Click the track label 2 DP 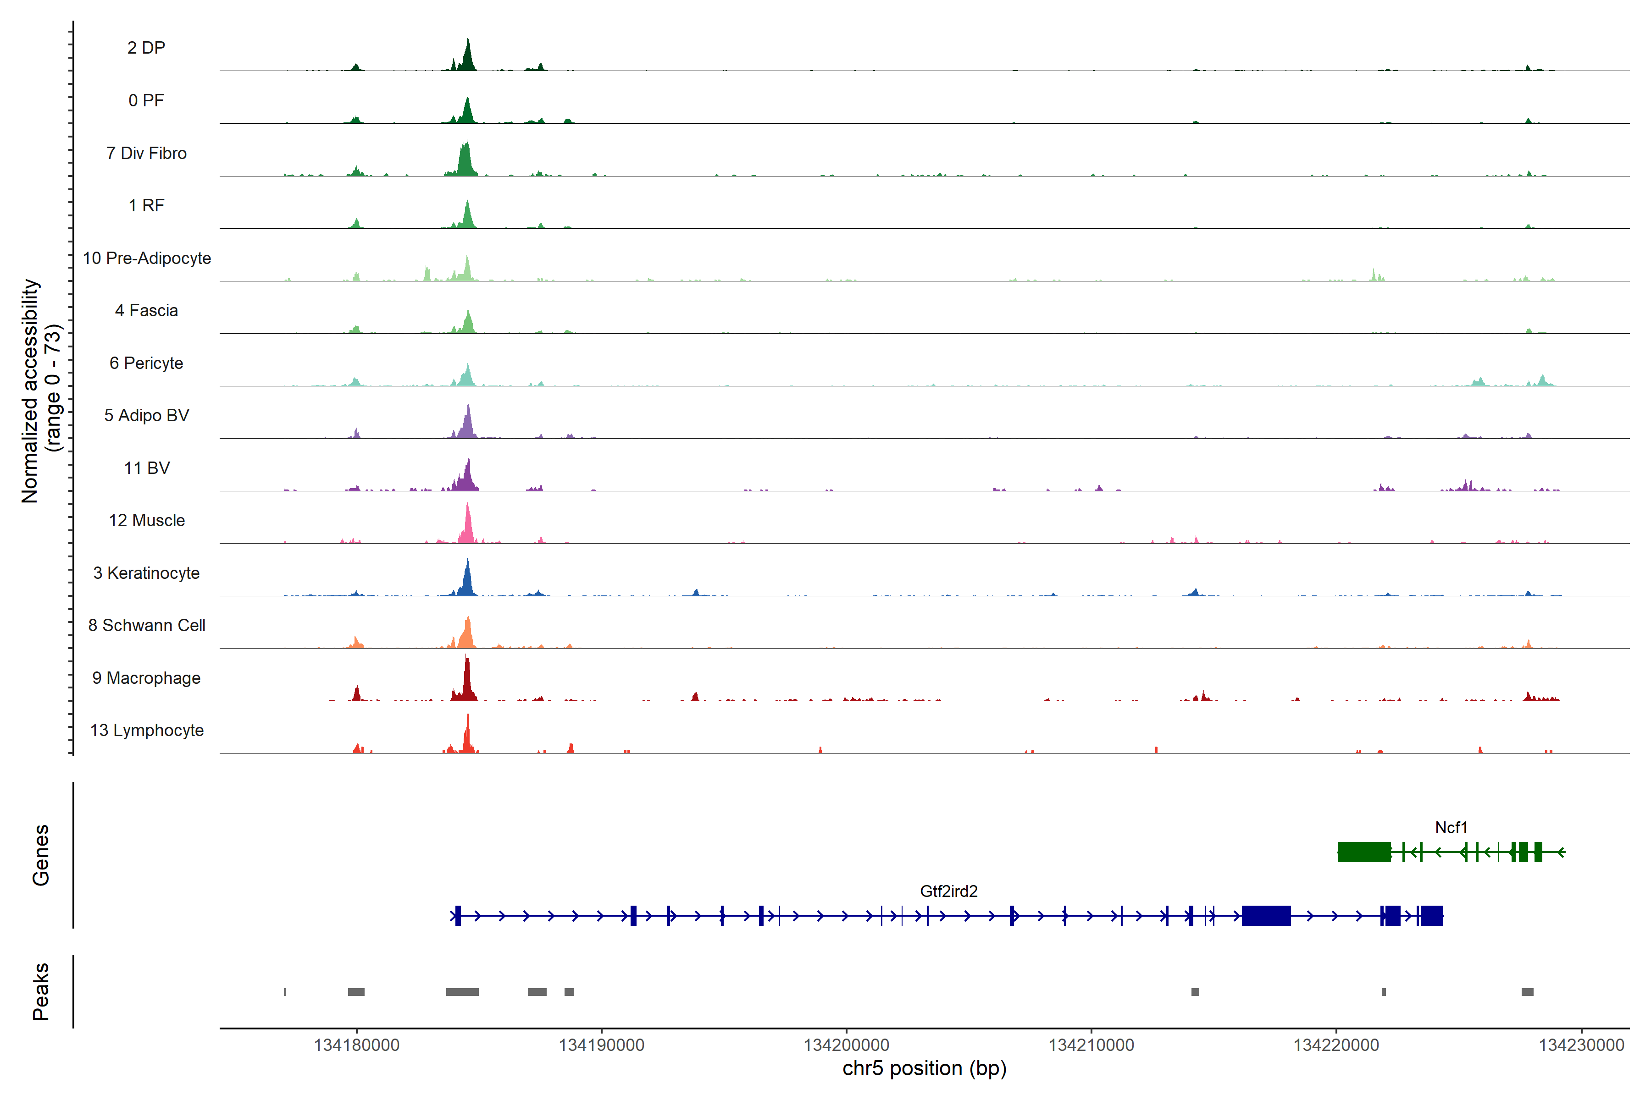click(x=146, y=48)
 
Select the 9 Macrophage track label click(x=146, y=678)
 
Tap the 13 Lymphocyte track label click(x=146, y=730)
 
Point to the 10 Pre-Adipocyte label click(x=146, y=258)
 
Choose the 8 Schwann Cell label click(x=146, y=625)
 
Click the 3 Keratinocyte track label click(x=146, y=573)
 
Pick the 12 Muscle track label click(x=146, y=521)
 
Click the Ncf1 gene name click(x=1450, y=828)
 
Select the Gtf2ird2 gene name click(x=948, y=891)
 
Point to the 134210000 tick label click(x=1091, y=1045)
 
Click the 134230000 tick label click(x=1581, y=1045)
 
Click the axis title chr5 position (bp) click(x=924, y=1068)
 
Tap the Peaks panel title click(x=41, y=991)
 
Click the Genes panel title click(x=41, y=855)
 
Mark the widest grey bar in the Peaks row click(x=462, y=992)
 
